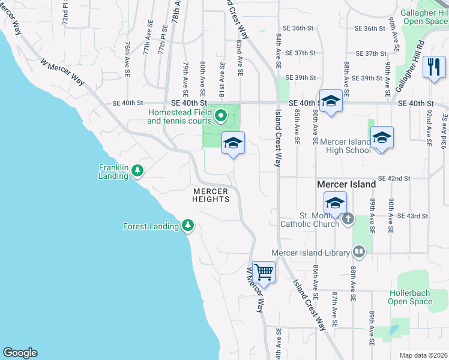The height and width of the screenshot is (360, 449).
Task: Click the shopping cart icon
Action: click(264, 272)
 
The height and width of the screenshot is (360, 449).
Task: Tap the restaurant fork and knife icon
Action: click(433, 67)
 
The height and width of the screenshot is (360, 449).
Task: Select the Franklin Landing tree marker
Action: click(138, 171)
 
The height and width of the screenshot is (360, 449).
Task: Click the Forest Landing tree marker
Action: click(188, 226)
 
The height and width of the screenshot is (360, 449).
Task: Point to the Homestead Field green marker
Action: click(220, 115)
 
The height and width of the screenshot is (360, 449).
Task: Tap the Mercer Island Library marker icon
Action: click(359, 251)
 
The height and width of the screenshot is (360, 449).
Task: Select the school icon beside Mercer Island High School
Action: click(382, 138)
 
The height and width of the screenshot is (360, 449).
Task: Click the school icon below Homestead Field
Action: click(233, 143)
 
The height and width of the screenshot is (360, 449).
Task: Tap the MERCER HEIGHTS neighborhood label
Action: click(211, 196)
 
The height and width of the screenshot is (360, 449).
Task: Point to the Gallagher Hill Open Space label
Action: click(425, 16)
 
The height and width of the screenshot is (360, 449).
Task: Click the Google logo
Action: click(20, 353)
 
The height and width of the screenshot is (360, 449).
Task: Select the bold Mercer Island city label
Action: click(347, 184)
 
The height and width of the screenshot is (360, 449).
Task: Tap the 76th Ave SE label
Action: click(128, 58)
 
